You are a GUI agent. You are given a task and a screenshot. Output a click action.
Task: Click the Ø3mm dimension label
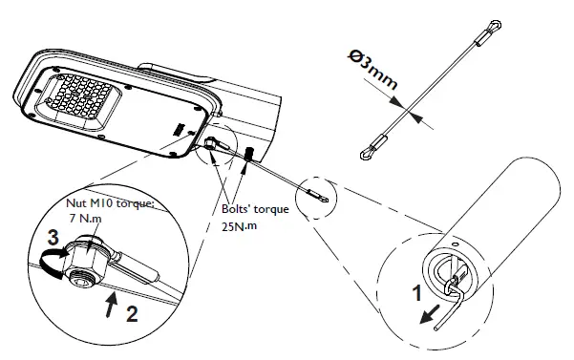point(372,70)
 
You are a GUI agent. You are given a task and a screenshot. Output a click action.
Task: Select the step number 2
point(132,313)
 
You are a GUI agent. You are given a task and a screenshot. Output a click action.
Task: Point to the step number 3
point(53,238)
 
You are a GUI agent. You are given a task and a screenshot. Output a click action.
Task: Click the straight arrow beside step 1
point(429,314)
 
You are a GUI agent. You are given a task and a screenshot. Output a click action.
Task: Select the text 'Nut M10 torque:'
point(110,203)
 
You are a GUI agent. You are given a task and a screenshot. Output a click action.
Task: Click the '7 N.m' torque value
point(85,219)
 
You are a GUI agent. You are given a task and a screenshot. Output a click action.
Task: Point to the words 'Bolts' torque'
point(255,209)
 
